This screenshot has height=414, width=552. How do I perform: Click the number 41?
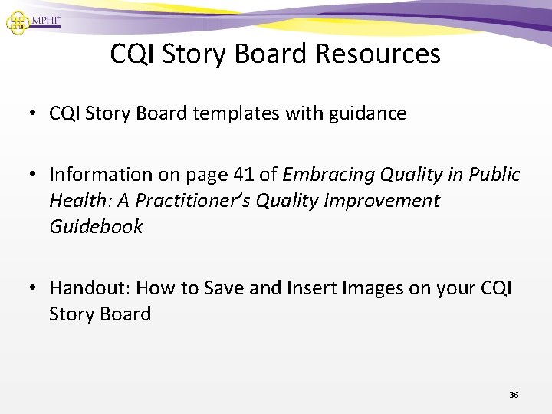click(234, 175)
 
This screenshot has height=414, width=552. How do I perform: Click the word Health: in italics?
click(76, 201)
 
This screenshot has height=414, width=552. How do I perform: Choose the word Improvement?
click(384, 201)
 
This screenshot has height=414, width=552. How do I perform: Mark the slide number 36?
click(514, 395)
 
